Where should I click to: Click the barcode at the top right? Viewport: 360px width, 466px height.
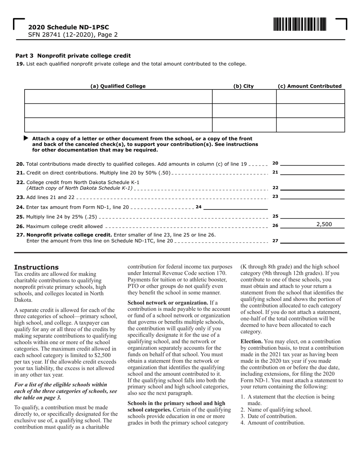click(299, 24)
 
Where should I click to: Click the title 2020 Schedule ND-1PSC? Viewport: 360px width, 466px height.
click(68, 27)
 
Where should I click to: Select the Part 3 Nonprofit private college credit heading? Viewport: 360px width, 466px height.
click(73, 56)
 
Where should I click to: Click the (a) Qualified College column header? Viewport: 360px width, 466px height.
click(118, 86)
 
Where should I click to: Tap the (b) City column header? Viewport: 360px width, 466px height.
click(243, 86)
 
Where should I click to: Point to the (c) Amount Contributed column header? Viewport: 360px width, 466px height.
click(310, 86)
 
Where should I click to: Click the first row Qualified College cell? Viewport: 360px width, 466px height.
click(118, 97)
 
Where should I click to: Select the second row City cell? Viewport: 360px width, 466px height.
click(244, 111)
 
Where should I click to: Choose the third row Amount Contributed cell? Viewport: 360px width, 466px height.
click(310, 125)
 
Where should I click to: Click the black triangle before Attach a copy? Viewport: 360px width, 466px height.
click(26, 138)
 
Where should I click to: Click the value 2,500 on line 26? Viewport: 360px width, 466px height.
click(324, 224)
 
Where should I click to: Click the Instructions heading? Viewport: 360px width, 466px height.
click(36, 267)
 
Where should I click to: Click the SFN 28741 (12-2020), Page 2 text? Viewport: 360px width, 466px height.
click(73, 34)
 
